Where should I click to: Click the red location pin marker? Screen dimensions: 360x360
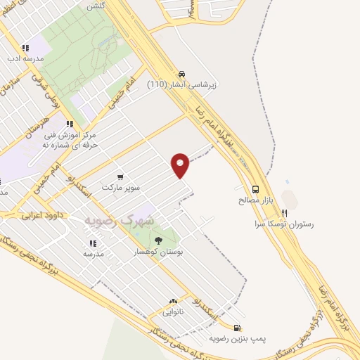(x=181, y=164)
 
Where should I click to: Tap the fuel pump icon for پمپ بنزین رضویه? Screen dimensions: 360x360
(x=238, y=327)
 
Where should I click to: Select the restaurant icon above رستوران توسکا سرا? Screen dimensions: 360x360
(x=284, y=213)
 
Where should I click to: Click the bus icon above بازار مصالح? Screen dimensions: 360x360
(x=255, y=188)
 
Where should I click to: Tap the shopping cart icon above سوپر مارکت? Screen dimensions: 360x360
(x=121, y=177)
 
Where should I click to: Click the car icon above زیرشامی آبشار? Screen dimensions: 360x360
(x=182, y=73)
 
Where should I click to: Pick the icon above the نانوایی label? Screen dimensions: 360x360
(x=172, y=300)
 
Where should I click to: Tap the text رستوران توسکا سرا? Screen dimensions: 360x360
(x=284, y=225)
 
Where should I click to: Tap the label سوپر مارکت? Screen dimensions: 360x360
(x=122, y=188)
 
